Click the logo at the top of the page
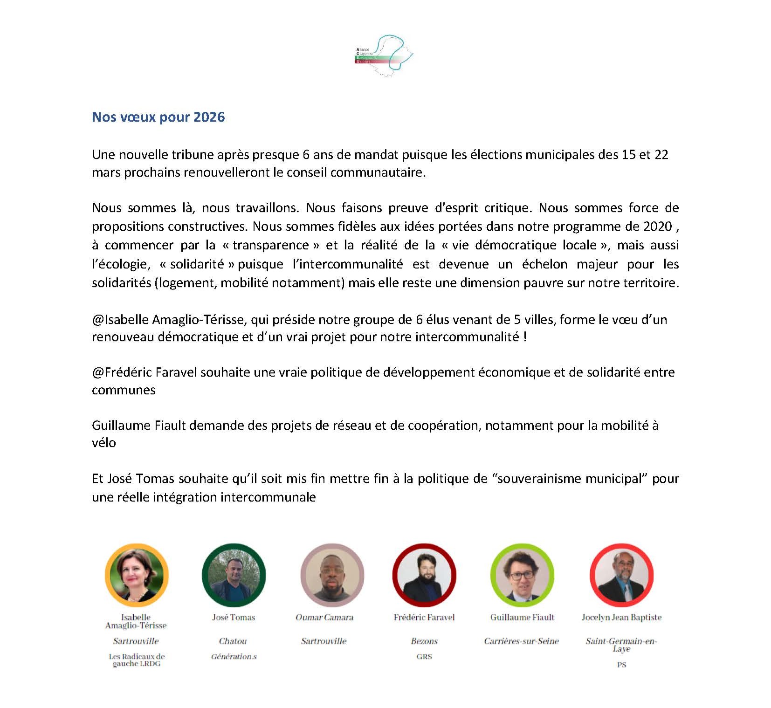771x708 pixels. click(384, 55)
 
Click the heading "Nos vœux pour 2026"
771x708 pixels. click(158, 117)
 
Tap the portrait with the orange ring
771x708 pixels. click(137, 575)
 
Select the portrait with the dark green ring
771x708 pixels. click(234, 575)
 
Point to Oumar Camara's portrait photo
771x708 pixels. click(332, 575)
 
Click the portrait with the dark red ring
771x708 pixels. click(424, 575)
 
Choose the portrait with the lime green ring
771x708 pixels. click(522, 575)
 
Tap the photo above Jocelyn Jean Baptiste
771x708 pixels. click(621, 575)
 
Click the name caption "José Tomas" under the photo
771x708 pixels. click(234, 617)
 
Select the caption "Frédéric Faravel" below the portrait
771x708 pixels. click(424, 617)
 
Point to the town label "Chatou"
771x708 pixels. click(233, 641)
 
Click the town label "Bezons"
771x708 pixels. click(424, 641)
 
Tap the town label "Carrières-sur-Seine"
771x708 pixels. click(521, 641)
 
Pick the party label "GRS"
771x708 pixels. click(424, 656)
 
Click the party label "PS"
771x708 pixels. click(621, 665)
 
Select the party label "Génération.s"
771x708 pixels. click(234, 656)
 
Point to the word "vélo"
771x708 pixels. click(104, 442)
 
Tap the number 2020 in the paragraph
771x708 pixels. click(657, 227)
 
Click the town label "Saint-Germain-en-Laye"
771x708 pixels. click(621, 645)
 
